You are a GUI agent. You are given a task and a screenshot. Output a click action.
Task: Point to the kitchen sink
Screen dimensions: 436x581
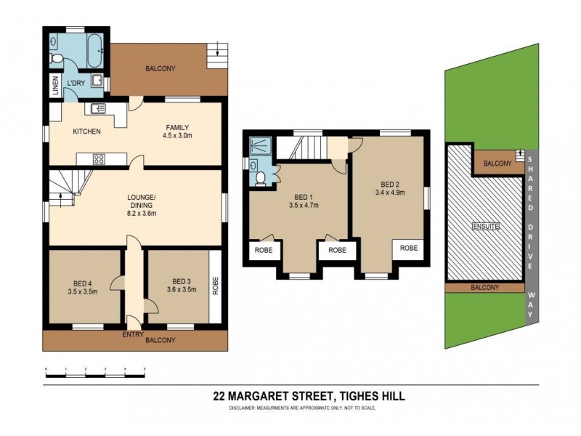(98, 109)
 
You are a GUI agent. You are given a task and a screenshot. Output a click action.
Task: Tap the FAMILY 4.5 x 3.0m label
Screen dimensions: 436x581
(175, 130)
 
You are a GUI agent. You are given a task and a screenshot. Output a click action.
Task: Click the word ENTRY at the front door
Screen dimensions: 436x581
(133, 334)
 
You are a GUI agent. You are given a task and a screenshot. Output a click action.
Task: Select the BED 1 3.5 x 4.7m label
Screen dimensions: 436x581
(303, 201)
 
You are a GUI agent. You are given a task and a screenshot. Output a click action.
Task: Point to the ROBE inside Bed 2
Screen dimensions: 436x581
(409, 248)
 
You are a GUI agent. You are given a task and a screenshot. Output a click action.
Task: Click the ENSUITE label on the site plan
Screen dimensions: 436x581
(486, 227)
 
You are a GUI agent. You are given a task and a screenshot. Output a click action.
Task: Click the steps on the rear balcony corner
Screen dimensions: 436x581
(216, 53)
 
